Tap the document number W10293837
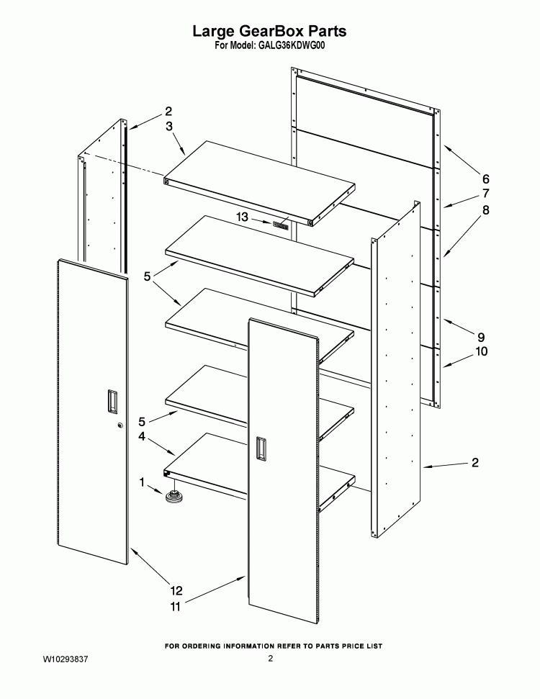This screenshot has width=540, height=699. pos(65,659)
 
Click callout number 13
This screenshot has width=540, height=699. pos(242,217)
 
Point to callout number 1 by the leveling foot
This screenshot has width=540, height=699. pos(142,482)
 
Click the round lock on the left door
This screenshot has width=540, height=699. pos(120,425)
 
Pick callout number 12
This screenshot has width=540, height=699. pos(176,591)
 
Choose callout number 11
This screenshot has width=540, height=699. pos(175,607)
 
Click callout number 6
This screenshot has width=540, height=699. pos(485,179)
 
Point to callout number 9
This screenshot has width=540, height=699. pos(481,337)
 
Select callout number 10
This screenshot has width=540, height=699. pos(481,351)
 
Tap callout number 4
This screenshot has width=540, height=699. pos(142,436)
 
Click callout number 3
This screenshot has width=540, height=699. pos(169,126)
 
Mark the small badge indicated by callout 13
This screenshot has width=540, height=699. pos(281,225)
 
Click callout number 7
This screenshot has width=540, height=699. pos(485,194)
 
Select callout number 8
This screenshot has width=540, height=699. pos(485,209)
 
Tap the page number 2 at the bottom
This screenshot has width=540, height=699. pos(270,659)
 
